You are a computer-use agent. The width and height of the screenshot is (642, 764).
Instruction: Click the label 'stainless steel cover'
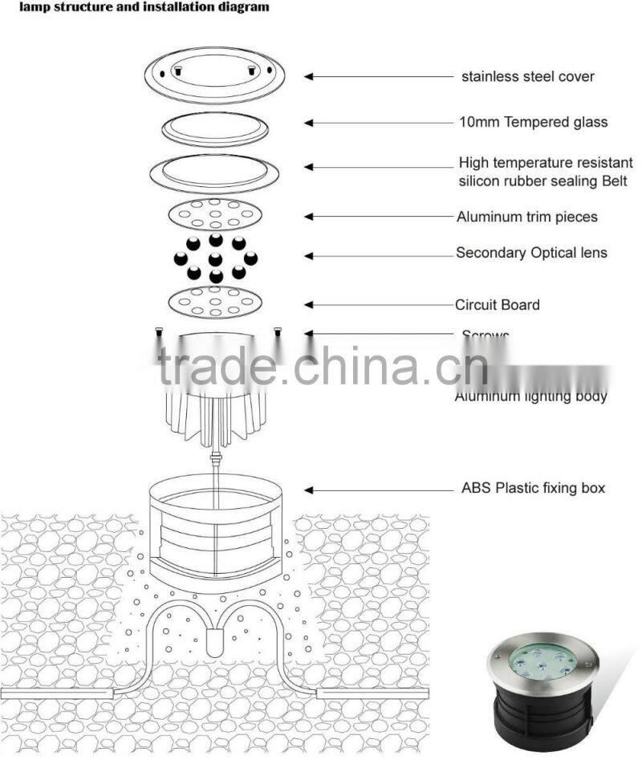527,77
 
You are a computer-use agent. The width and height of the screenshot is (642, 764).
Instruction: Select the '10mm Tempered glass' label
533,122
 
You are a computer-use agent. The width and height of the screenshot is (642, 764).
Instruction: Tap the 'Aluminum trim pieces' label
527,217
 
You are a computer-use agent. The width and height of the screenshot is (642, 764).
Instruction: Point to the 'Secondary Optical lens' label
531,253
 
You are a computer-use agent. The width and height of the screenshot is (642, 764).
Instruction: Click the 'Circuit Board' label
498,305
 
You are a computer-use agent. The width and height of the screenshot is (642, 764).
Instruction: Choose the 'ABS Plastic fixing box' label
533,488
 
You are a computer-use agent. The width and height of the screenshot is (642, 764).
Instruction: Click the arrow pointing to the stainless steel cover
377,77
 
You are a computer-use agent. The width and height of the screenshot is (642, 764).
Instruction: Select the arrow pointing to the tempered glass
377,123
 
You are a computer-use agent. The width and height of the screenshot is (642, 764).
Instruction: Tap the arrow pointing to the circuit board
377,305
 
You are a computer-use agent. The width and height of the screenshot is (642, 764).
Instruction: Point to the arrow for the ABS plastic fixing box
377,489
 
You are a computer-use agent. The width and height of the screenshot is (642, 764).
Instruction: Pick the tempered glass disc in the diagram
215,127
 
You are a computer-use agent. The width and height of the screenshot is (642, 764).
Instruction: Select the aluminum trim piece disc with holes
215,213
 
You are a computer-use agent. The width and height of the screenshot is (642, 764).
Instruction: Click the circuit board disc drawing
215,302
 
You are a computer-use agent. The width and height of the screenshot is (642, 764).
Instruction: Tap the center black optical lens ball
215,258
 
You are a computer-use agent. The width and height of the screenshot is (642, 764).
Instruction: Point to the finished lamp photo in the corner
543,693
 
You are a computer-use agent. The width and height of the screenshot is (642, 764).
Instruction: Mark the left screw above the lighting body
159,331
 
